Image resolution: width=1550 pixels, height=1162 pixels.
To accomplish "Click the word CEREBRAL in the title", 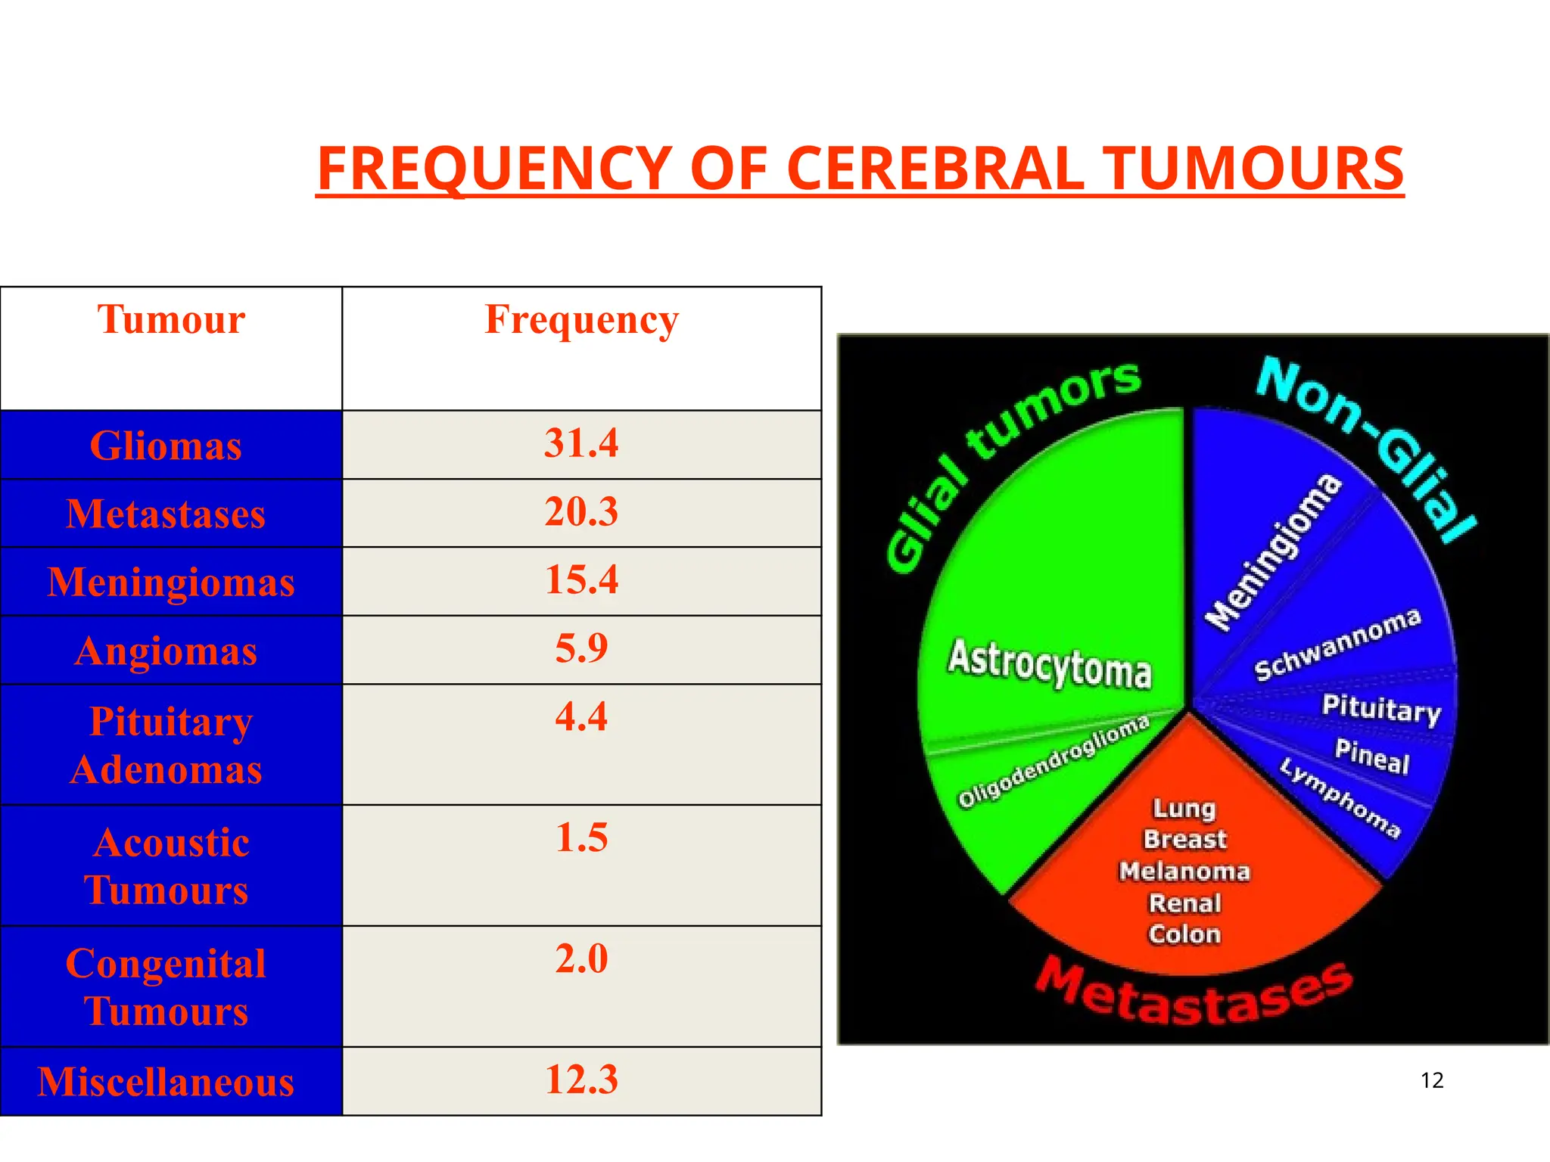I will tap(935, 168).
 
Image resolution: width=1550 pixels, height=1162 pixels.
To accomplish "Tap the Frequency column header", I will tap(581, 320).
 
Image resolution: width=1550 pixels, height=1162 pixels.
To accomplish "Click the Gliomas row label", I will tap(166, 446).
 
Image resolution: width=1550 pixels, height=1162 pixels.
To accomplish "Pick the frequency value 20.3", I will tap(581, 512).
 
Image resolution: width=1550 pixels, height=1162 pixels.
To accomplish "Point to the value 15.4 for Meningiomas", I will tap(581, 580).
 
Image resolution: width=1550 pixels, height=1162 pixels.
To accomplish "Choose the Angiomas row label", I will tap(166, 651).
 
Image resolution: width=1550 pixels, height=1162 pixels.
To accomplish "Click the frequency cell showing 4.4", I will tap(581, 716).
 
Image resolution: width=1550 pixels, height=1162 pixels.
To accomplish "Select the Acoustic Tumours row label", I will tap(167, 865).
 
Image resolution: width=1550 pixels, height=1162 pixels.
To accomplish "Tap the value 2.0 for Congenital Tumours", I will tap(581, 959).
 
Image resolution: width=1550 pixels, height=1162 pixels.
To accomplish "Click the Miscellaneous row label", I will tap(166, 1082).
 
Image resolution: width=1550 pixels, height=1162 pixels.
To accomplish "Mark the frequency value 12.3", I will tap(581, 1080).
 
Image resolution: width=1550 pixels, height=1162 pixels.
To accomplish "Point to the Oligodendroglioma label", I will tap(1054, 761).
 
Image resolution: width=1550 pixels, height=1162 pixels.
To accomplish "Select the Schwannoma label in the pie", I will tap(1337, 645).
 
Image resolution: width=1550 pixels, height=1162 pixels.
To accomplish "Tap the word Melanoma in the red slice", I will tap(1184, 871).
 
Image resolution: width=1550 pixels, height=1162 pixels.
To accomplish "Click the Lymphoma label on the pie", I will tap(1340, 798).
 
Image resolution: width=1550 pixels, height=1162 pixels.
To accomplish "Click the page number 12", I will tap(1432, 1080).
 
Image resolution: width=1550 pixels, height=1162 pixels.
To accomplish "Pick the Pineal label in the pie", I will tap(1371, 757).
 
